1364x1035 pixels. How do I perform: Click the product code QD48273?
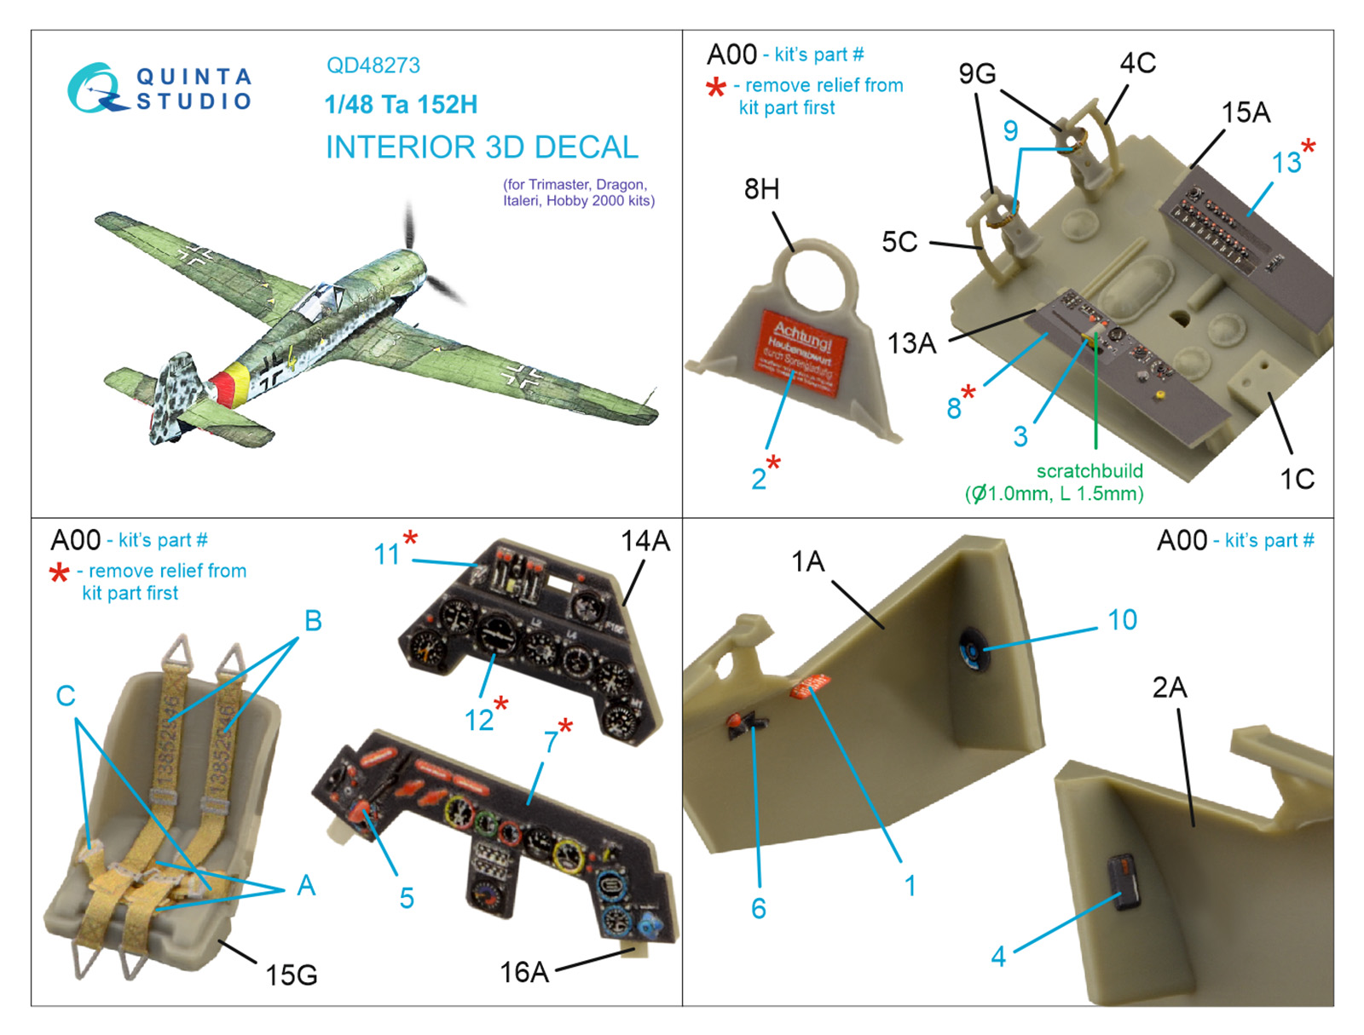[x=373, y=66]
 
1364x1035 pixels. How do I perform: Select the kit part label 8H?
[x=761, y=189]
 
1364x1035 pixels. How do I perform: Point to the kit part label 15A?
[x=1246, y=112]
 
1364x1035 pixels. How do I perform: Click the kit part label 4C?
[x=1137, y=63]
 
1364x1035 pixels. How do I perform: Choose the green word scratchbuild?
[x=1089, y=471]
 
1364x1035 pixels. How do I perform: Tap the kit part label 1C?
[x=1297, y=479]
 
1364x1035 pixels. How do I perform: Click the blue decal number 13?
[x=1286, y=163]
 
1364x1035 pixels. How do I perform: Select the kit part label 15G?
[x=291, y=975]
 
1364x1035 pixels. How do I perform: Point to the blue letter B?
[x=313, y=621]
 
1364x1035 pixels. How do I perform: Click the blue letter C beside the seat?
[x=66, y=696]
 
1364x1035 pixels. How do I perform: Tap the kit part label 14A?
[x=644, y=541]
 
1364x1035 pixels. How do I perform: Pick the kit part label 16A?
[x=523, y=972]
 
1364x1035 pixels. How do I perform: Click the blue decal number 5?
[x=407, y=898]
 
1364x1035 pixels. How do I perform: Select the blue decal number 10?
[x=1122, y=620]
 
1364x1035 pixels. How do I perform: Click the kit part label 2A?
[x=1169, y=687]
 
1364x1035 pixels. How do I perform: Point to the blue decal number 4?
[x=998, y=957]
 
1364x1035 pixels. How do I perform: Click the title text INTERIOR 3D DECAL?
[x=482, y=147]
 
